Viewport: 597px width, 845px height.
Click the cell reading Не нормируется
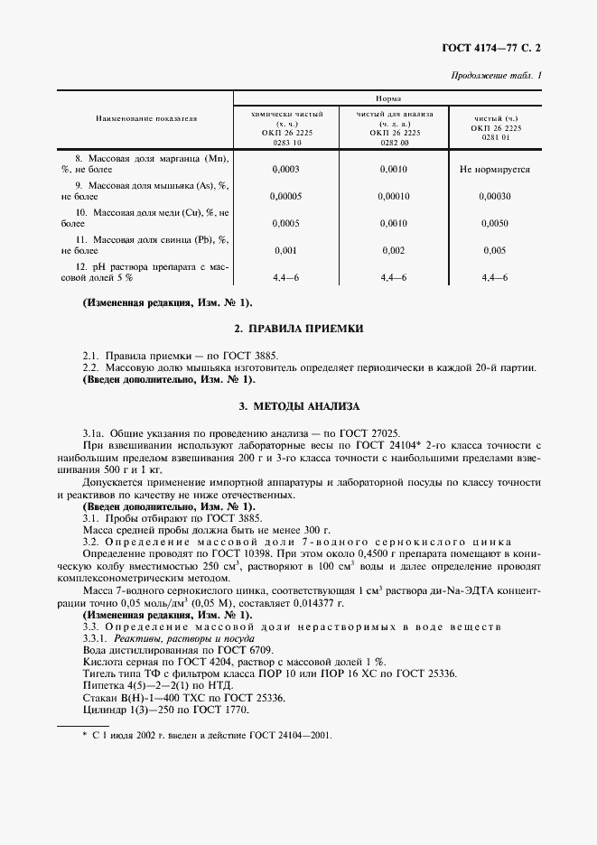pyautogui.click(x=495, y=169)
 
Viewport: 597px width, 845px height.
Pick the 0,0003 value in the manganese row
pyautogui.click(x=285, y=169)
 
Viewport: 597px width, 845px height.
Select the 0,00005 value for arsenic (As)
pyautogui.click(x=285, y=196)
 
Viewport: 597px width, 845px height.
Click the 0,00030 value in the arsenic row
pyautogui.click(x=495, y=196)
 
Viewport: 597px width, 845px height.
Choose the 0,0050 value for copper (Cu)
pyautogui.click(x=495, y=223)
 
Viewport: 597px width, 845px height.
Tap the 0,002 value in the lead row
pyautogui.click(x=394, y=250)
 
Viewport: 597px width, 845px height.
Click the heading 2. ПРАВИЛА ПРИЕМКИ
pyautogui.click(x=299, y=330)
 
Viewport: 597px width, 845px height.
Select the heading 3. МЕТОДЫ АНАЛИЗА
pyautogui.click(x=299, y=407)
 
